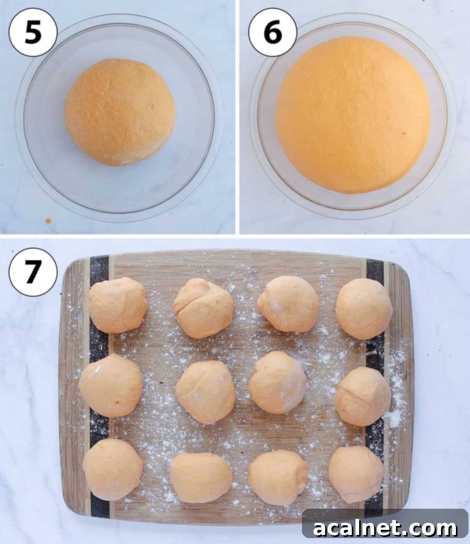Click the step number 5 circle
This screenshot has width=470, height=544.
pos(33,33)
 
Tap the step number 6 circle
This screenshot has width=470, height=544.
pos(273,33)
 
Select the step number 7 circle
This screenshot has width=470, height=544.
pos(33,272)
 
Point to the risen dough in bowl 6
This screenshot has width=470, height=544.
pos(353,115)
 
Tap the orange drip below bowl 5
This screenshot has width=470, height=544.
pos(49,221)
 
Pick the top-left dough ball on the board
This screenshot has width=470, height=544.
pos(117,305)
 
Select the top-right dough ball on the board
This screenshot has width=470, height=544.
pos(364,308)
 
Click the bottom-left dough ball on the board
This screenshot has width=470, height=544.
pos(112,469)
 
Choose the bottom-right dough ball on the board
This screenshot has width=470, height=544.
pos(356,474)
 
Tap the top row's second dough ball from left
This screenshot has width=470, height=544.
pos(203,308)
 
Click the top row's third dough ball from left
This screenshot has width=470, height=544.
pos(288,304)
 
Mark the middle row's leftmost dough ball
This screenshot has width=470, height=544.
pos(110,385)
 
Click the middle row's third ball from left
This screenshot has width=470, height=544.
pos(277,382)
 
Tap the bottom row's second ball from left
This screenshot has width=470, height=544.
pos(201,477)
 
